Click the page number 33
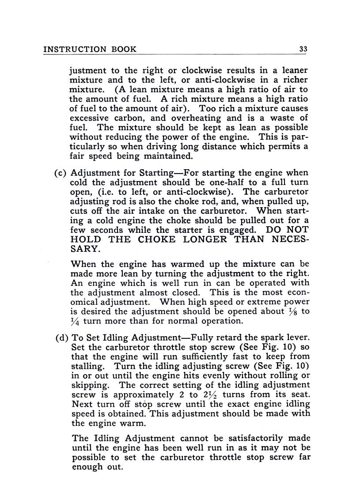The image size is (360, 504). (303, 49)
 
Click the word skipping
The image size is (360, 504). (91, 385)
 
